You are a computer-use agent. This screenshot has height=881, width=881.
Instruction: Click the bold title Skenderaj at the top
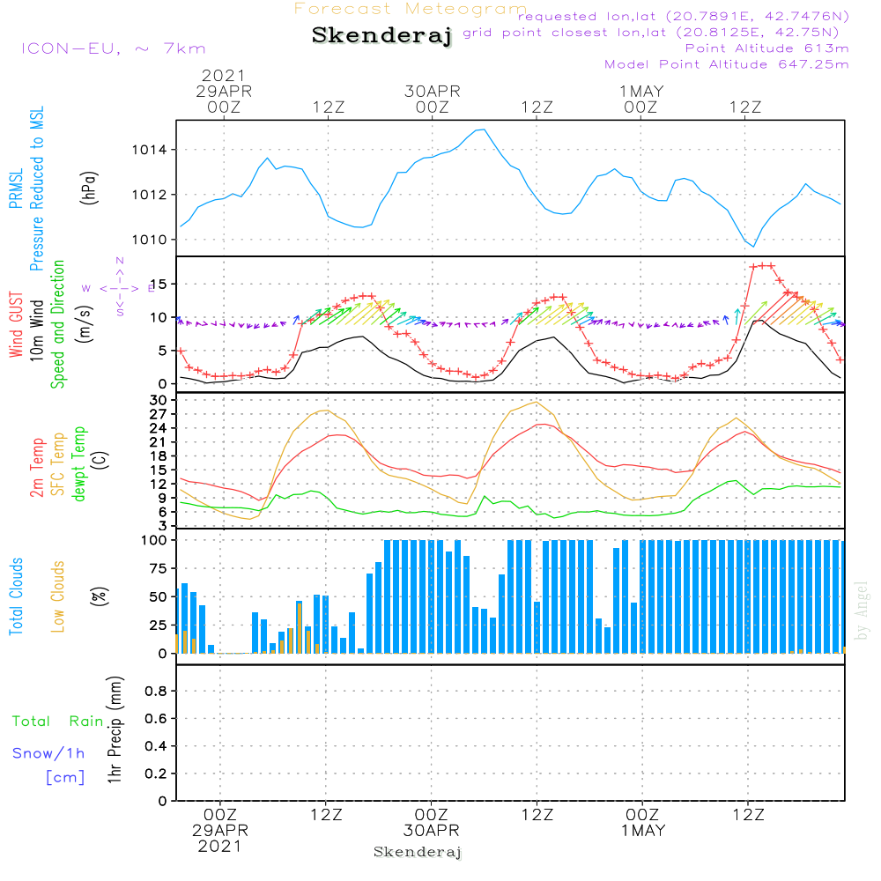pyautogui.click(x=381, y=36)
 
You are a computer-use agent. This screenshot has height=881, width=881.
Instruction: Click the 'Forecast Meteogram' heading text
pyautogui.click(x=411, y=9)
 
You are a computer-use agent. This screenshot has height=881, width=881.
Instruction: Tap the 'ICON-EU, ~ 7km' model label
pyautogui.click(x=113, y=48)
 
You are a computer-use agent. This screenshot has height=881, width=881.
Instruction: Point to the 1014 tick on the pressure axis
pyautogui.click(x=152, y=150)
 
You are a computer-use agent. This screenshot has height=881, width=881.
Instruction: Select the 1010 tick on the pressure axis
pyautogui.click(x=152, y=240)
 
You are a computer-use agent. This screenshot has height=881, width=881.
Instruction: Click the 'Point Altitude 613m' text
pyautogui.click(x=766, y=48)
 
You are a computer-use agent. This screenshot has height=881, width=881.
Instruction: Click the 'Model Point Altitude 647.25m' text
pyautogui.click(x=727, y=64)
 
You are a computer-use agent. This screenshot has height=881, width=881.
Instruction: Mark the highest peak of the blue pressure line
pyautogui.click(x=483, y=130)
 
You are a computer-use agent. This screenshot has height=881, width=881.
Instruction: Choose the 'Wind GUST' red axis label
pyautogui.click(x=17, y=326)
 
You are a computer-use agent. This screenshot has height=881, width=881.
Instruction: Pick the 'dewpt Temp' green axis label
pyautogui.click(x=80, y=464)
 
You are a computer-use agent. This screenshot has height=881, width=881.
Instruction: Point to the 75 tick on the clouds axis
pyautogui.click(x=157, y=568)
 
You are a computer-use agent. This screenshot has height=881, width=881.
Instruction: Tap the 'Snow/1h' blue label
pyautogui.click(x=48, y=753)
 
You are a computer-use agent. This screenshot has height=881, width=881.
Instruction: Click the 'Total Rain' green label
pyautogui.click(x=58, y=722)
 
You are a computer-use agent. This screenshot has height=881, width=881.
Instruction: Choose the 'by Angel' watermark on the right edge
pyautogui.click(x=862, y=610)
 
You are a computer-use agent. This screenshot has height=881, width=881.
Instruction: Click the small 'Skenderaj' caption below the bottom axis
pyautogui.click(x=418, y=852)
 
